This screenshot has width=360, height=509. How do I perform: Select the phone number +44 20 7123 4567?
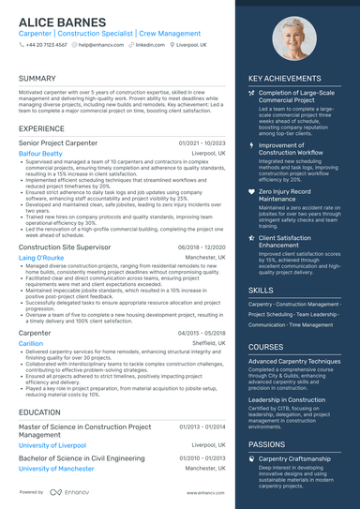(46, 44)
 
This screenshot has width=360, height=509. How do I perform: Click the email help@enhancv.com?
(105, 44)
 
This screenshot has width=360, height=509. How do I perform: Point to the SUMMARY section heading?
(37, 78)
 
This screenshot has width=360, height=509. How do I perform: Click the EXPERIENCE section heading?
(41, 127)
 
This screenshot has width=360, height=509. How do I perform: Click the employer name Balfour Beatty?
(40, 153)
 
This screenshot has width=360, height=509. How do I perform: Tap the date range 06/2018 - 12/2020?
(202, 247)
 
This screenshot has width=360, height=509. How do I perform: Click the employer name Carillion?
(31, 343)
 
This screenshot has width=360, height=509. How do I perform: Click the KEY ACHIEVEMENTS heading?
(288, 78)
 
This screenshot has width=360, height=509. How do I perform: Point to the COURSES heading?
(265, 347)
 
